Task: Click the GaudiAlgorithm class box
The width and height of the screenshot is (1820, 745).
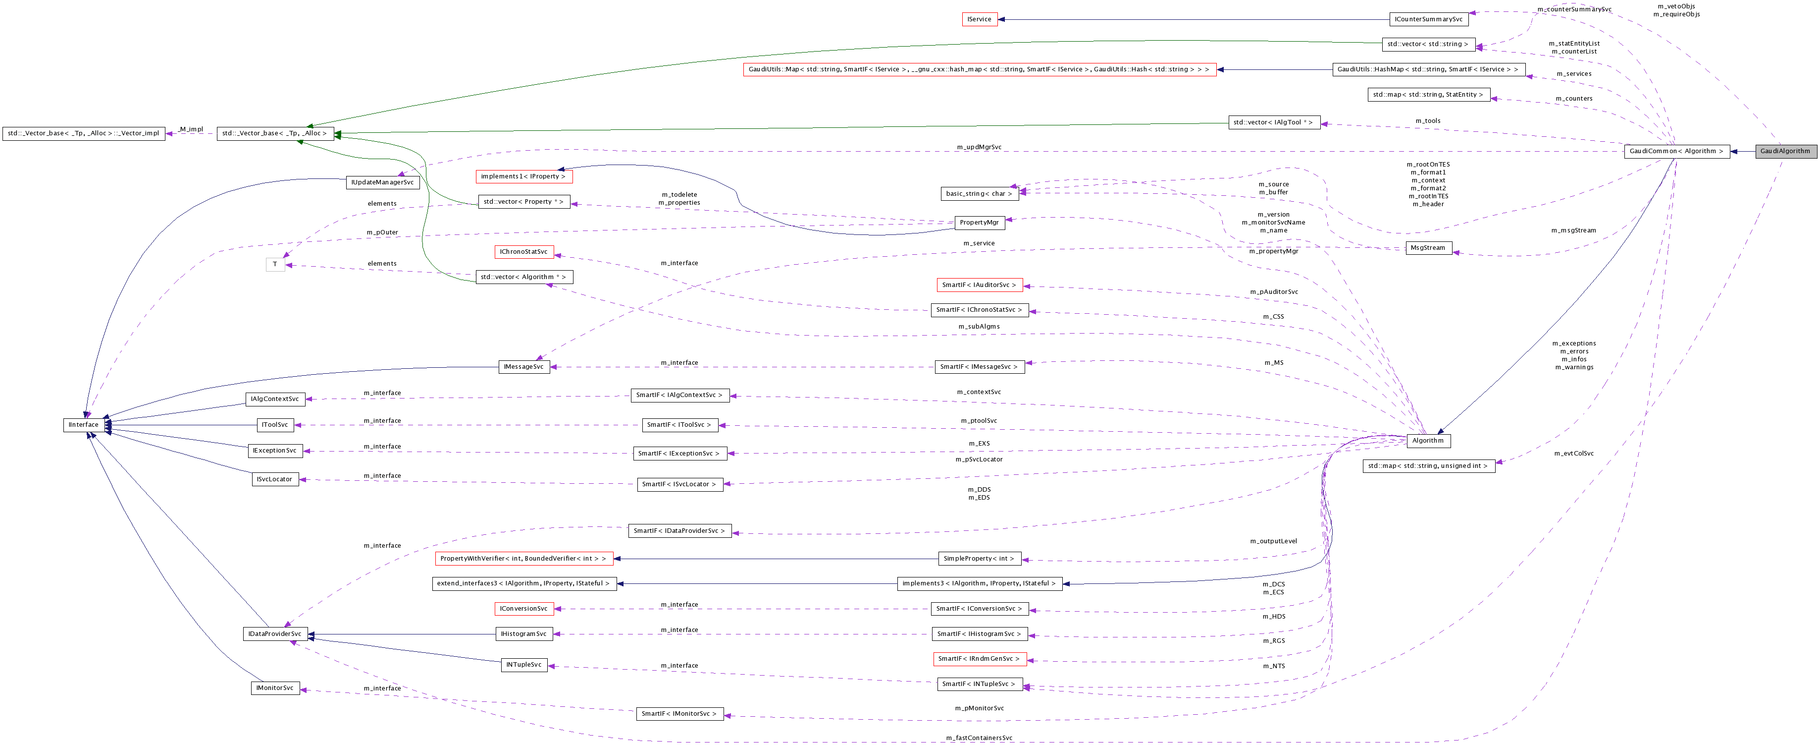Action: click(1785, 151)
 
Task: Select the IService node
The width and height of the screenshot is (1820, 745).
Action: click(979, 20)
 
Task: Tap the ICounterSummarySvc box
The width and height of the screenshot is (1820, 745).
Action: click(1429, 20)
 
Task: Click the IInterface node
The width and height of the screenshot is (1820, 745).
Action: click(83, 425)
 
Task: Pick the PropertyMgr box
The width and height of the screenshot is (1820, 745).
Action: click(979, 223)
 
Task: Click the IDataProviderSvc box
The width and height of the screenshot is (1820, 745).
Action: click(275, 634)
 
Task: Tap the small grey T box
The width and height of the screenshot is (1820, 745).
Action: click(275, 264)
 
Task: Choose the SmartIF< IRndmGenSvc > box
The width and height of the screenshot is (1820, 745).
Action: click(979, 659)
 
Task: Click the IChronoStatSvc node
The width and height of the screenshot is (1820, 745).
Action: click(523, 252)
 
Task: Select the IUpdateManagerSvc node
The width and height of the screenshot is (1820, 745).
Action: click(383, 182)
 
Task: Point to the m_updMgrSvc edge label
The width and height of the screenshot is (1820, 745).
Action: click(979, 147)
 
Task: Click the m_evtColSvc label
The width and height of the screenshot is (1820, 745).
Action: click(1573, 454)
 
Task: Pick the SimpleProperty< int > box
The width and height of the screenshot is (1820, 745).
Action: click(979, 559)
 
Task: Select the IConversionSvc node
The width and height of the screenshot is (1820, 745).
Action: click(523, 609)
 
